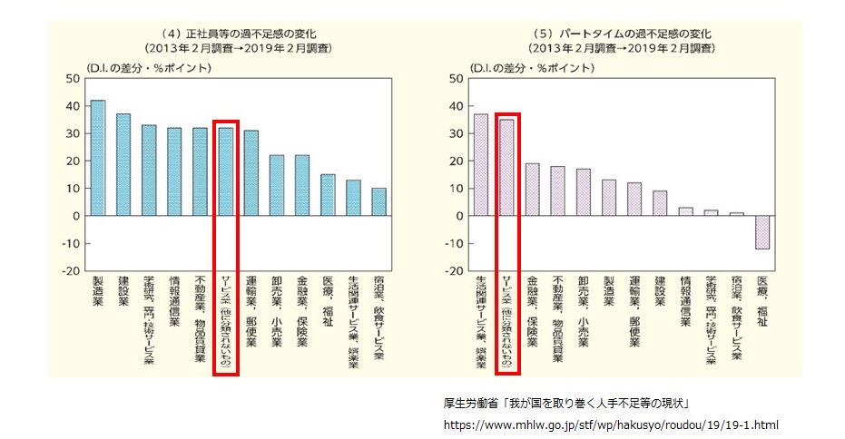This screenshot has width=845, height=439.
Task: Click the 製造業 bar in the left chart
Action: (98, 158)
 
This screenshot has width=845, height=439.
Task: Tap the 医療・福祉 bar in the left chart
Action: (328, 195)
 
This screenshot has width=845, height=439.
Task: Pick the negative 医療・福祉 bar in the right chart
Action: (762, 232)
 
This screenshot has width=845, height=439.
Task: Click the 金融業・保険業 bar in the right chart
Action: (533, 190)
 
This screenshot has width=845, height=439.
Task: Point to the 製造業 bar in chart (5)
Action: (609, 198)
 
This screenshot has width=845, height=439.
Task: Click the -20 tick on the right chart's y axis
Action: (456, 271)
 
